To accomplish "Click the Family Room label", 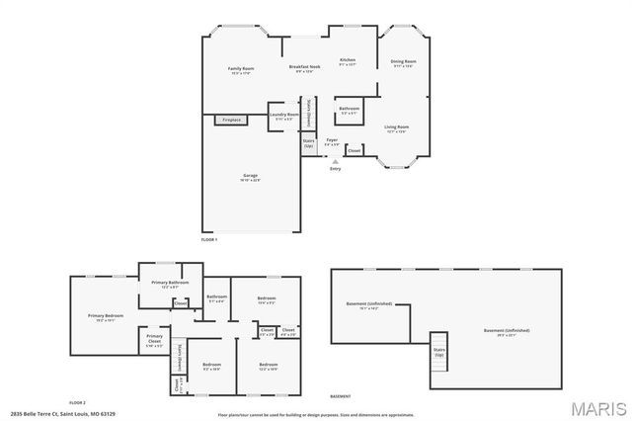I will click(x=242, y=69).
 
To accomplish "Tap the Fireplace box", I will click(x=231, y=120).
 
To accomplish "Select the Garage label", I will click(x=251, y=177).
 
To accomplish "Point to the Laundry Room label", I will click(x=284, y=115).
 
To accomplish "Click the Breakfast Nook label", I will click(x=307, y=68).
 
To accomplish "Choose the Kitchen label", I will click(x=348, y=61).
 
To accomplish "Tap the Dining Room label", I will click(x=403, y=63).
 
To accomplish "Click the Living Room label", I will click(x=397, y=128).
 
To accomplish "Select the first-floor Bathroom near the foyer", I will click(x=349, y=110).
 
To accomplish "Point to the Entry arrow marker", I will click(x=335, y=160).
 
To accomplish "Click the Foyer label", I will click(x=333, y=141).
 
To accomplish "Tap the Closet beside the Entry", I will click(x=354, y=150).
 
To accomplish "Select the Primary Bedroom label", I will click(x=102, y=317).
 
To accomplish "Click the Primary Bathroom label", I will click(x=170, y=285).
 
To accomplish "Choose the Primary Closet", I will click(x=155, y=342).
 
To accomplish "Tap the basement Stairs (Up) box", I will click(x=438, y=352).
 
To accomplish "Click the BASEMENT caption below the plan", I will click(x=341, y=395).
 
